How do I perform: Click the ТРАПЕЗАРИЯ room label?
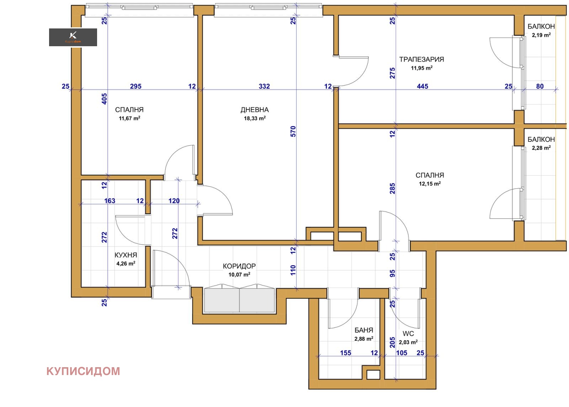point(421,59)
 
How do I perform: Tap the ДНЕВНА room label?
point(255,110)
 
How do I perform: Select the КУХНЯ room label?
point(126,255)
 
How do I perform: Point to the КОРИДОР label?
point(239,266)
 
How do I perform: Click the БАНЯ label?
point(364,330)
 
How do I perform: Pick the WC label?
point(408,334)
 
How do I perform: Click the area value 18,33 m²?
point(255,118)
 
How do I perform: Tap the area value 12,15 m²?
point(430,183)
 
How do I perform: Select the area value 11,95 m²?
point(422,68)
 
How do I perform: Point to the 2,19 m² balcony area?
point(541,35)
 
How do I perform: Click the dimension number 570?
point(293,131)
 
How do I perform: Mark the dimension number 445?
point(422,86)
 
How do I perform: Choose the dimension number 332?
point(264,86)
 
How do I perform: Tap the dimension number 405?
point(105,99)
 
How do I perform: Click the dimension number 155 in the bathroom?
point(345,353)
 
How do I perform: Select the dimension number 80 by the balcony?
point(540,86)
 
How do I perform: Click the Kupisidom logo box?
point(73,37)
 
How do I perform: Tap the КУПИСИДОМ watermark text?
point(83,371)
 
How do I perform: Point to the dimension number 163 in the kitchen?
point(110,201)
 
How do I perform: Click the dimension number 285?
point(393,188)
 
